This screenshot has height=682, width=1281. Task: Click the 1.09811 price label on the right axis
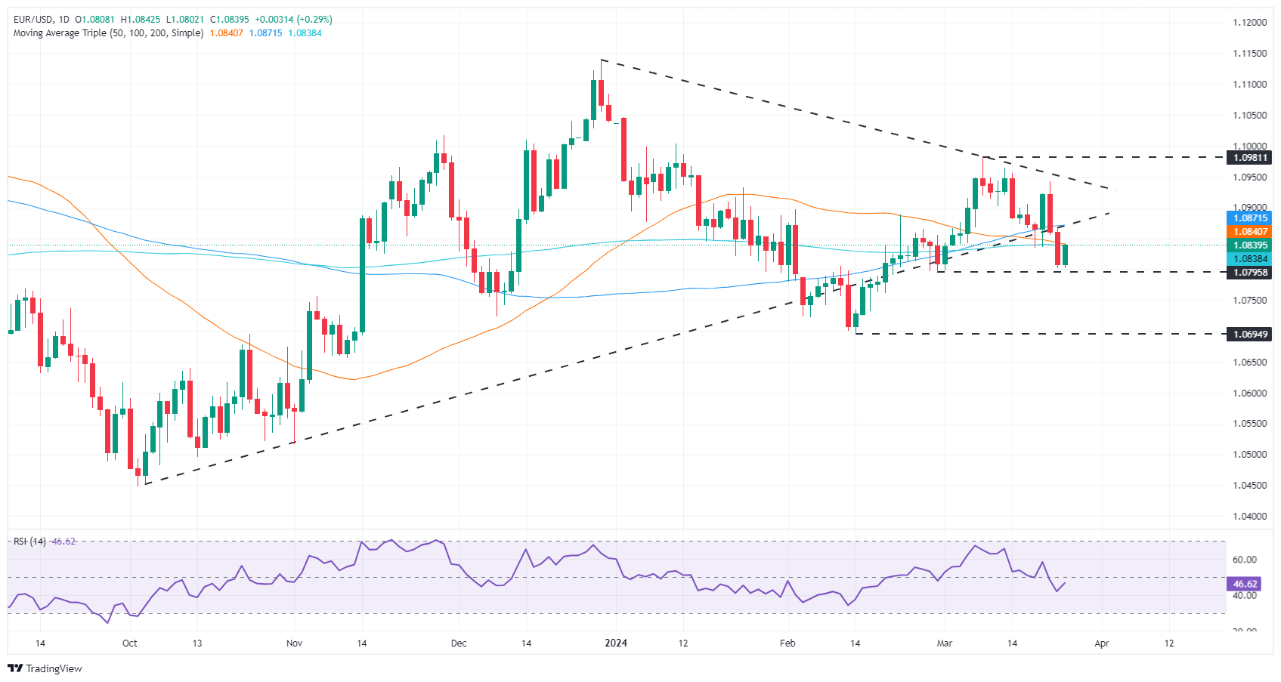(1250, 158)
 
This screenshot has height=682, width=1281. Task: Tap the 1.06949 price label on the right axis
(1250, 334)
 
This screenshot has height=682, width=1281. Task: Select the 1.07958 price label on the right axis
(1250, 272)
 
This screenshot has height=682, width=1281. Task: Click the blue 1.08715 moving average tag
(1250, 218)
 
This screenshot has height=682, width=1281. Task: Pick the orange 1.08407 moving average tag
(1250, 232)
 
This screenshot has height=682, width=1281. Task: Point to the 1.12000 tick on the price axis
(1249, 23)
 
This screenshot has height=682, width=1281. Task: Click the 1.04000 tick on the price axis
(1249, 517)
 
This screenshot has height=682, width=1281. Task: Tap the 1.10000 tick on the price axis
(1249, 147)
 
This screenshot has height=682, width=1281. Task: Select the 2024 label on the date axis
(617, 643)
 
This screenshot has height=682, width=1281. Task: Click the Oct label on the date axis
(130, 643)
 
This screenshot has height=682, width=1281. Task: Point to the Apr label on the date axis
(1102, 643)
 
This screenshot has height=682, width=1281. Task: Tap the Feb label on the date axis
(787, 643)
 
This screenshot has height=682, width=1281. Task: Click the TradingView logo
(45, 668)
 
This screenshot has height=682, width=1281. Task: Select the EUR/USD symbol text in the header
(32, 20)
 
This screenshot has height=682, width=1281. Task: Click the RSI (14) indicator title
(29, 542)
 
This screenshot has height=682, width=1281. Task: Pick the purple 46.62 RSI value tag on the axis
(1245, 584)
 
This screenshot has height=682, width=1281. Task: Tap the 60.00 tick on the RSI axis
(1244, 560)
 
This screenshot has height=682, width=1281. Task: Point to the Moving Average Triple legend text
(108, 33)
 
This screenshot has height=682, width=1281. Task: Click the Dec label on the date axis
(458, 643)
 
